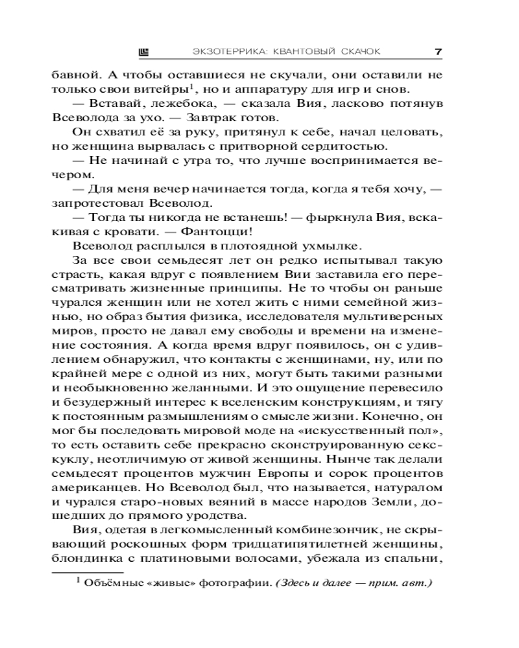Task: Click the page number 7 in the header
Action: click(x=438, y=50)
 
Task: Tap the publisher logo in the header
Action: click(x=144, y=51)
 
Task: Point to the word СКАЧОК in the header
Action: click(x=352, y=51)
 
